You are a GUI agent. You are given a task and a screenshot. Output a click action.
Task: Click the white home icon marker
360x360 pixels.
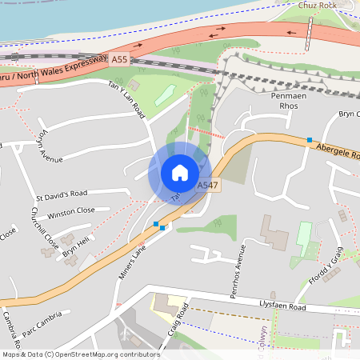click(179, 172)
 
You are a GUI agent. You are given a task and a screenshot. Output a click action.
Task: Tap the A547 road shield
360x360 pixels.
click(207, 186)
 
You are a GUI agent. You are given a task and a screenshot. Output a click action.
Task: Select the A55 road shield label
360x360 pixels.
click(119, 60)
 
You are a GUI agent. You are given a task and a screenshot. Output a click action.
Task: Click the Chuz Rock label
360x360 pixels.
click(317, 5)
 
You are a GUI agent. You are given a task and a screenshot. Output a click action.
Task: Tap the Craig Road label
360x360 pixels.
click(178, 322)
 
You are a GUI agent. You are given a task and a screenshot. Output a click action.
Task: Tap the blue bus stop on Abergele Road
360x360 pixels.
click(309, 140)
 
